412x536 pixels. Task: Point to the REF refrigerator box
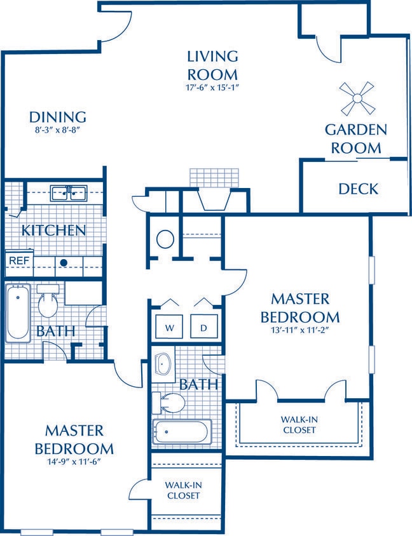click(18, 260)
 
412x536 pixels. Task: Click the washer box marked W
click(170, 327)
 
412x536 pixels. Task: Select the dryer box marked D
click(203, 327)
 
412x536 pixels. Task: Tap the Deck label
click(358, 189)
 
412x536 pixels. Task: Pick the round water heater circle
click(165, 239)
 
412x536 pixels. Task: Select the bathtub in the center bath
click(181, 433)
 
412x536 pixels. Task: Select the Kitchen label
click(54, 230)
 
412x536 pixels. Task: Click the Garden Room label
click(355, 138)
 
